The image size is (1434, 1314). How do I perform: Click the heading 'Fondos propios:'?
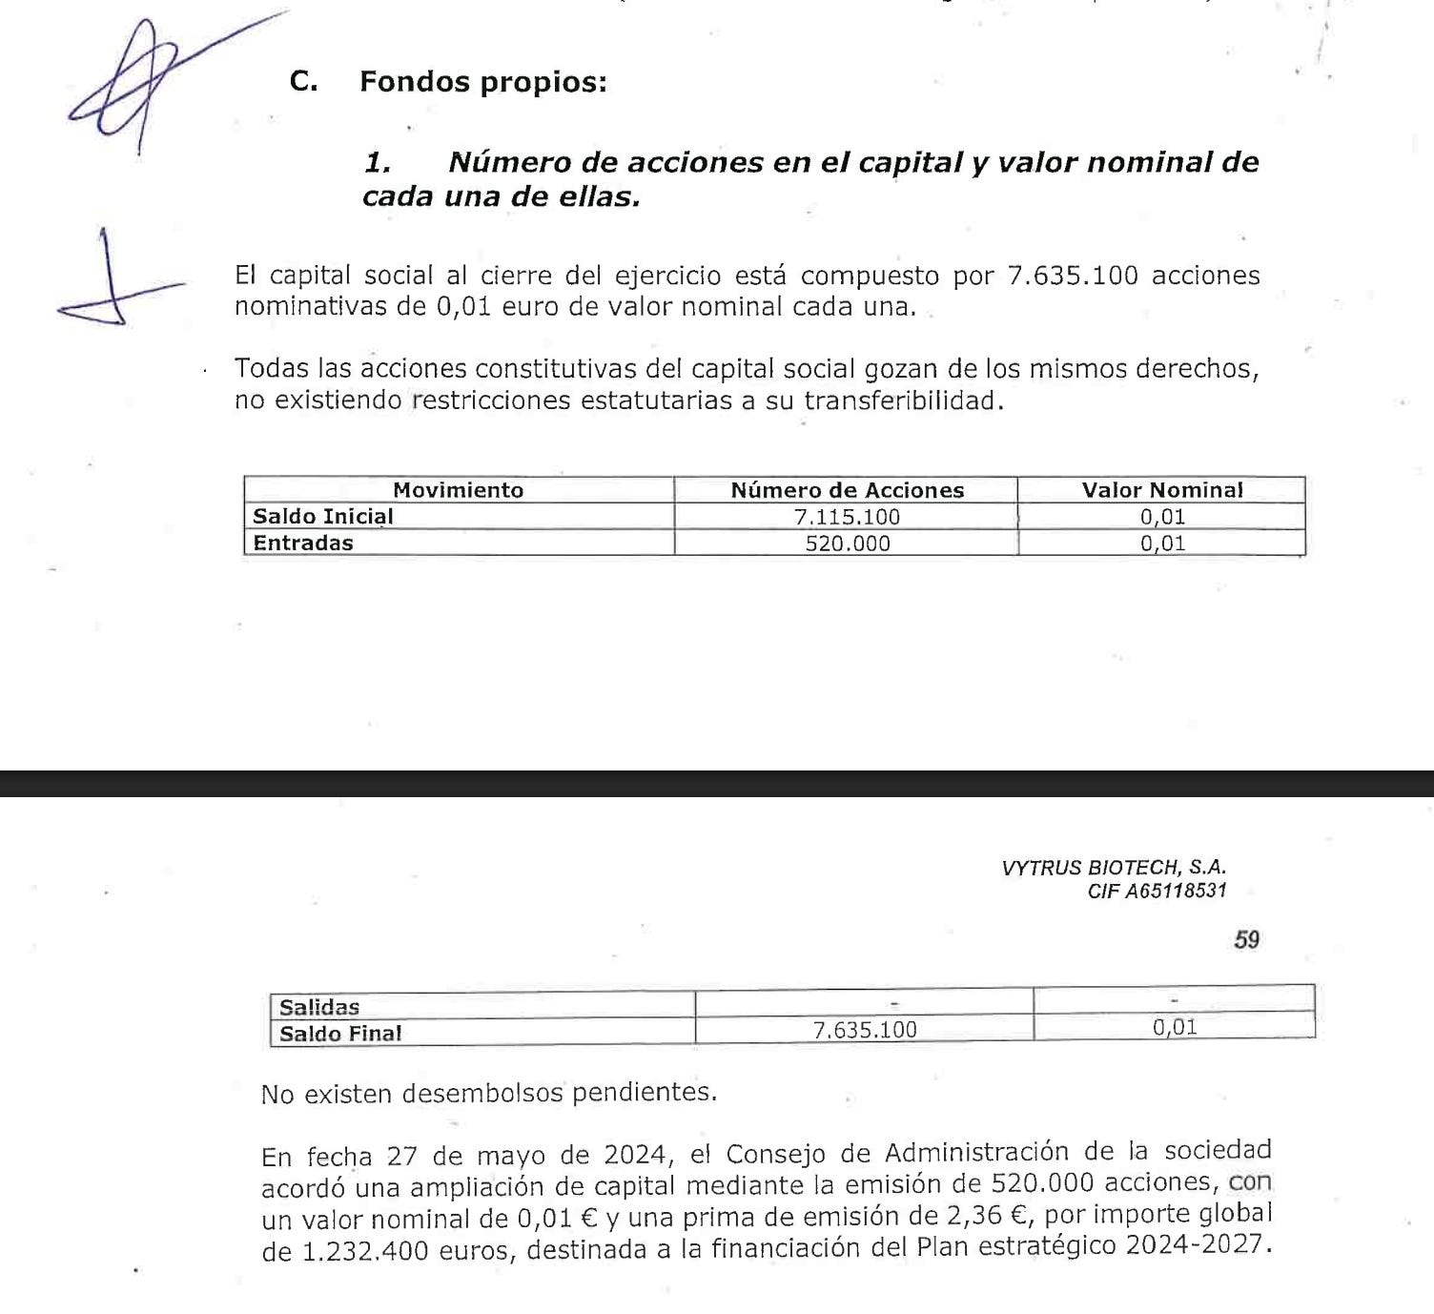tap(482, 82)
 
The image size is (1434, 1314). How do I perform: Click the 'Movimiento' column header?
tap(458, 490)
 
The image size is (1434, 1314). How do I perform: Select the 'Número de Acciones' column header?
tap(847, 490)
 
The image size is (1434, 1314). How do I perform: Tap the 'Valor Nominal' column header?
tap(1161, 490)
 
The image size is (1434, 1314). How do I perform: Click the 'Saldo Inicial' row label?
tap(322, 517)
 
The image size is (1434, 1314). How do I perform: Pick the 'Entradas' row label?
tap(302, 544)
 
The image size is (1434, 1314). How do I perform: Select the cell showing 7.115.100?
tap(847, 517)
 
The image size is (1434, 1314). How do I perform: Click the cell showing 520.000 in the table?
tap(847, 544)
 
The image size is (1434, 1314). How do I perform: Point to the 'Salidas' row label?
tap(319, 1007)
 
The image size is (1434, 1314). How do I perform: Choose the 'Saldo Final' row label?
tap(340, 1034)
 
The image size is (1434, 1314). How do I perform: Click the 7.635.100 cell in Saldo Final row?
tap(864, 1030)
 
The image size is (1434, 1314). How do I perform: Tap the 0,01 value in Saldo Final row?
tap(1174, 1027)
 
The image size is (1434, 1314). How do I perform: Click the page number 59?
tap(1246, 939)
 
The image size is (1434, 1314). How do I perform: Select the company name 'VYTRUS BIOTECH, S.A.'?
tap(1114, 868)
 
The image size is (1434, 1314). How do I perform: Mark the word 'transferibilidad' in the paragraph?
tap(901, 400)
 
